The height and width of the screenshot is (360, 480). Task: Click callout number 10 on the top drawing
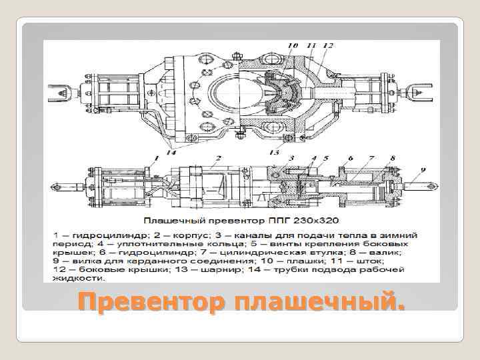point(293,46)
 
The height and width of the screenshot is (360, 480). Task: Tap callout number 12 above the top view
point(327,46)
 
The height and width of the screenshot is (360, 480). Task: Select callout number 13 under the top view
point(275,152)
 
